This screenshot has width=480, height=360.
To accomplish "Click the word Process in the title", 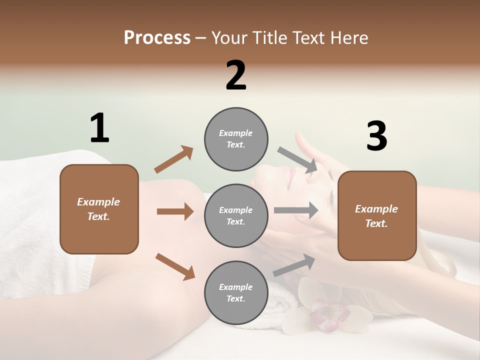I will (x=157, y=37).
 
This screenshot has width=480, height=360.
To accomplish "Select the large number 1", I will (x=99, y=128).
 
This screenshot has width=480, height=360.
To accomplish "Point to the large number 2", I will (x=236, y=75).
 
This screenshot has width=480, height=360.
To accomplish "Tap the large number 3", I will (x=376, y=136).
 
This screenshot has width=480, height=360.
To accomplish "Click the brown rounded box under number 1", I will (x=99, y=209).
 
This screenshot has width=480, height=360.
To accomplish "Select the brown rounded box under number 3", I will (x=377, y=215).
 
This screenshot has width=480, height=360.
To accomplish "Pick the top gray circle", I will (x=236, y=139).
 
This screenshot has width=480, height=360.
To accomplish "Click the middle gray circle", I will (x=236, y=215).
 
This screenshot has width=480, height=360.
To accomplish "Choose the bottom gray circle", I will (x=236, y=292).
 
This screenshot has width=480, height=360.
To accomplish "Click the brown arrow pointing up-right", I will (x=174, y=159).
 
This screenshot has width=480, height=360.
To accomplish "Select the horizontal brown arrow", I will (x=175, y=211).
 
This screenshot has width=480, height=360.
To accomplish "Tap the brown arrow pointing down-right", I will (x=175, y=266).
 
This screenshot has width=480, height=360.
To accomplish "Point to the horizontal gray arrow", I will (x=296, y=210).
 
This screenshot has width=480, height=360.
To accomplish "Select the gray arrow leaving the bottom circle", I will (x=294, y=265).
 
